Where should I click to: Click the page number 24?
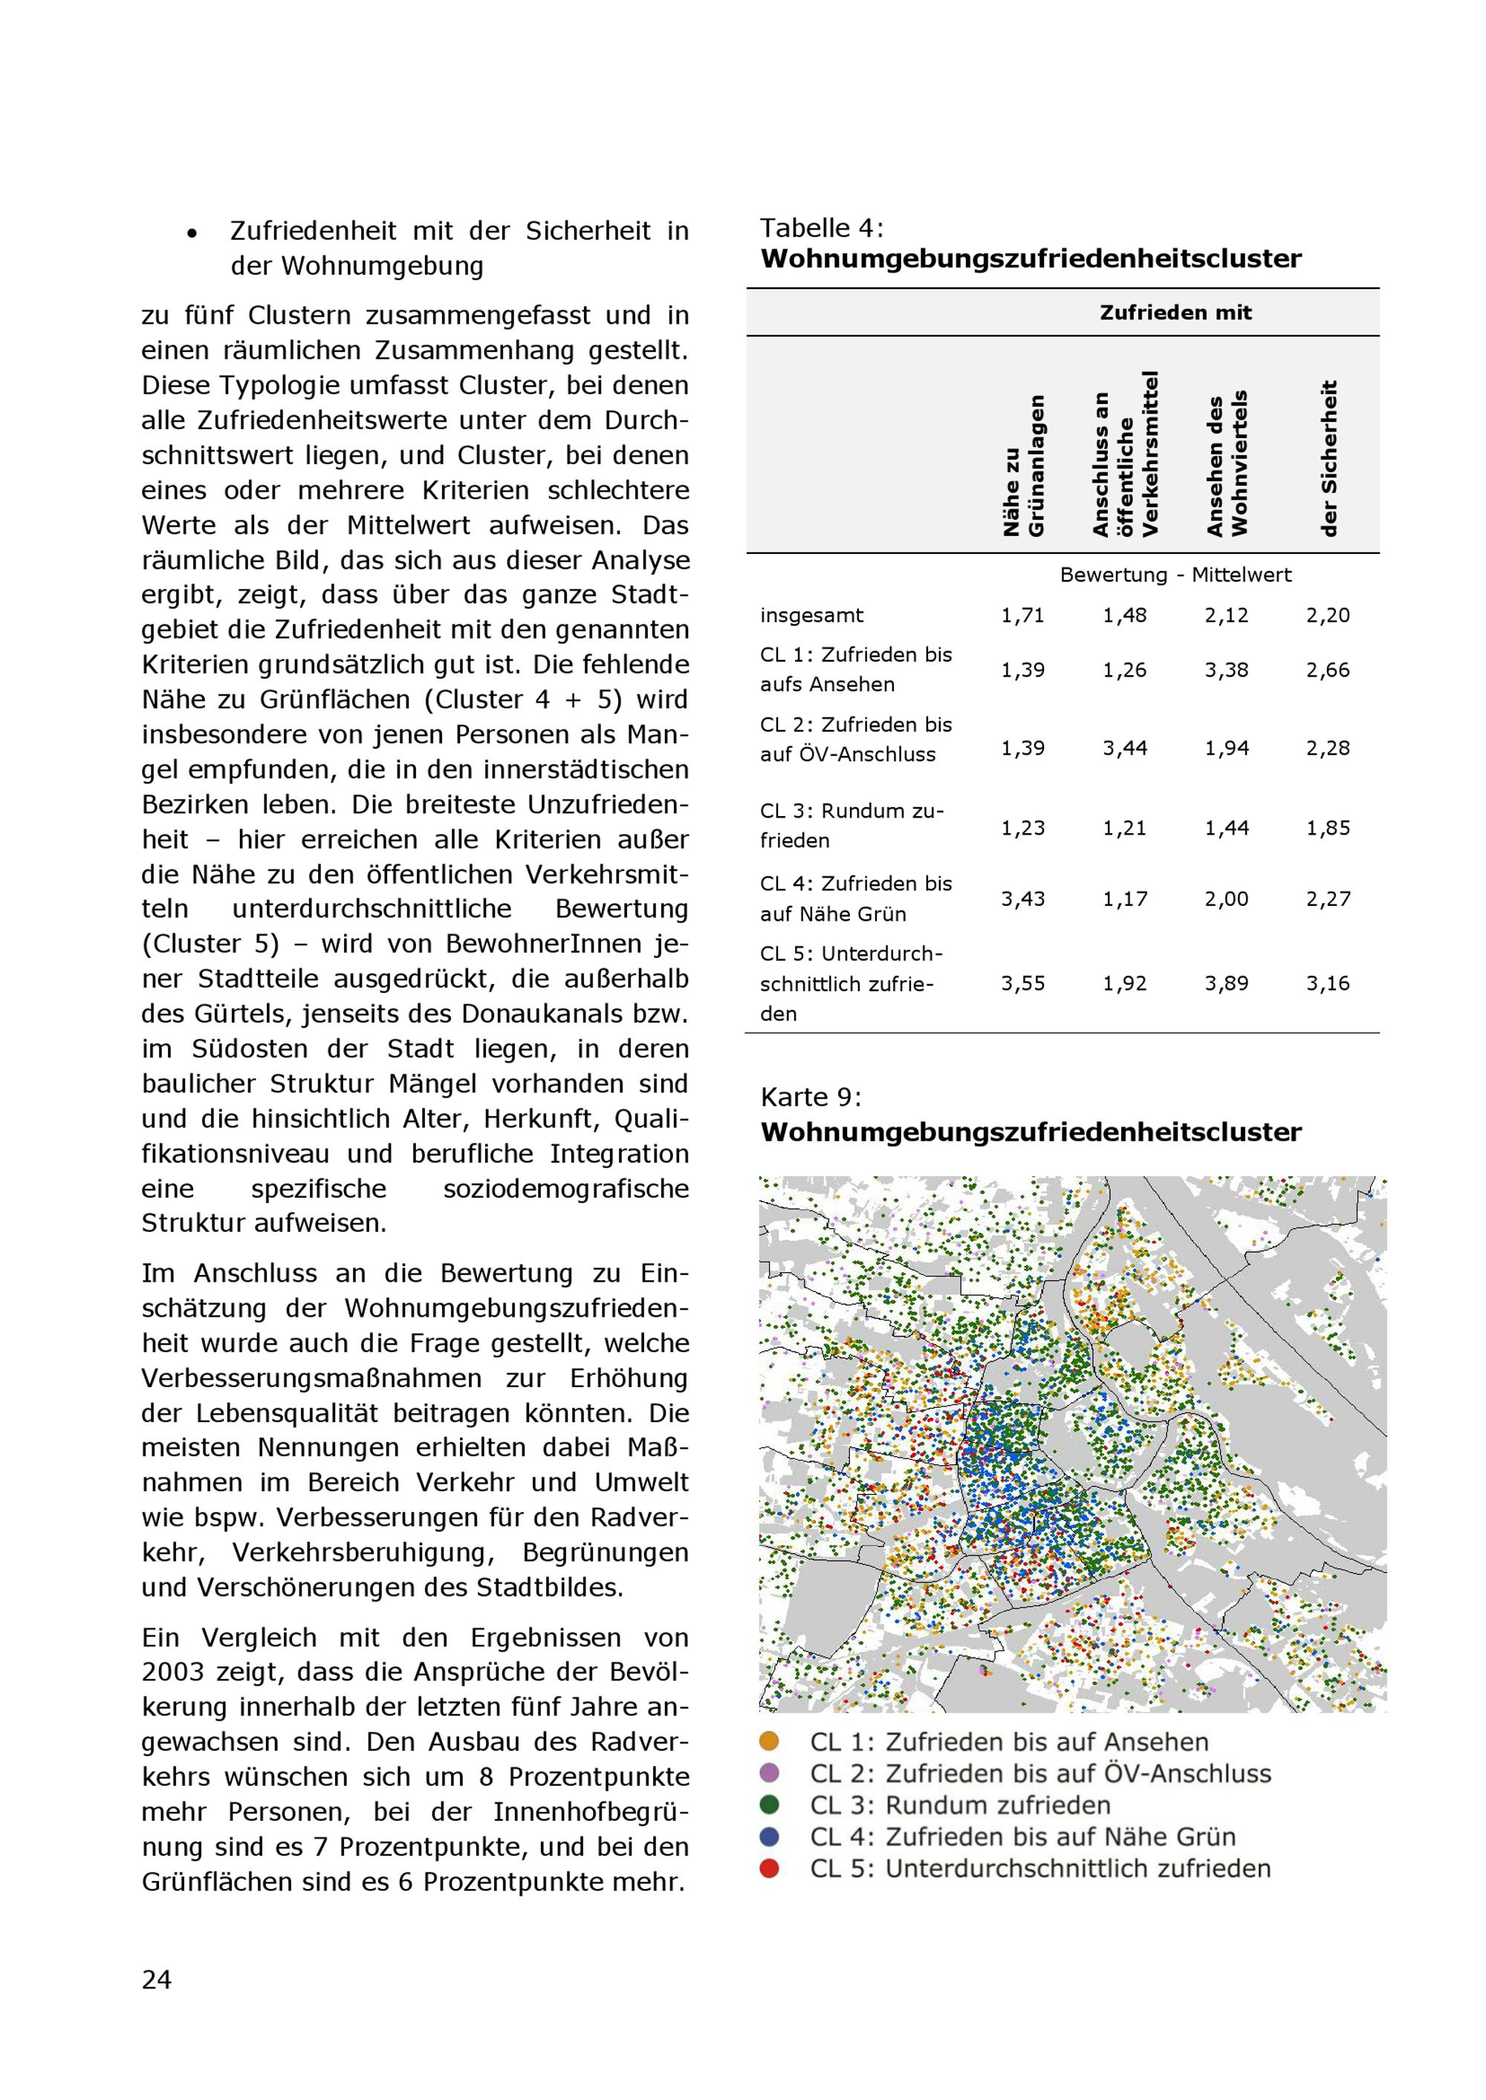tap(157, 1979)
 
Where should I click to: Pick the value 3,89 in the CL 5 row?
tap(1225, 983)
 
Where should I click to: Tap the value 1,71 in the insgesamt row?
tap(1022, 616)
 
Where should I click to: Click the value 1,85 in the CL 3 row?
tap(1328, 828)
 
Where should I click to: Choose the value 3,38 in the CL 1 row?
tap(1225, 670)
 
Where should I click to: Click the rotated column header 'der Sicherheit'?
tap(1329, 458)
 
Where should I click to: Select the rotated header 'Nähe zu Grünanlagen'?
tap(1023, 466)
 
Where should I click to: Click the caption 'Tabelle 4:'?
tap(822, 228)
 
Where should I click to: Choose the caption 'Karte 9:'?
tap(811, 1097)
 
